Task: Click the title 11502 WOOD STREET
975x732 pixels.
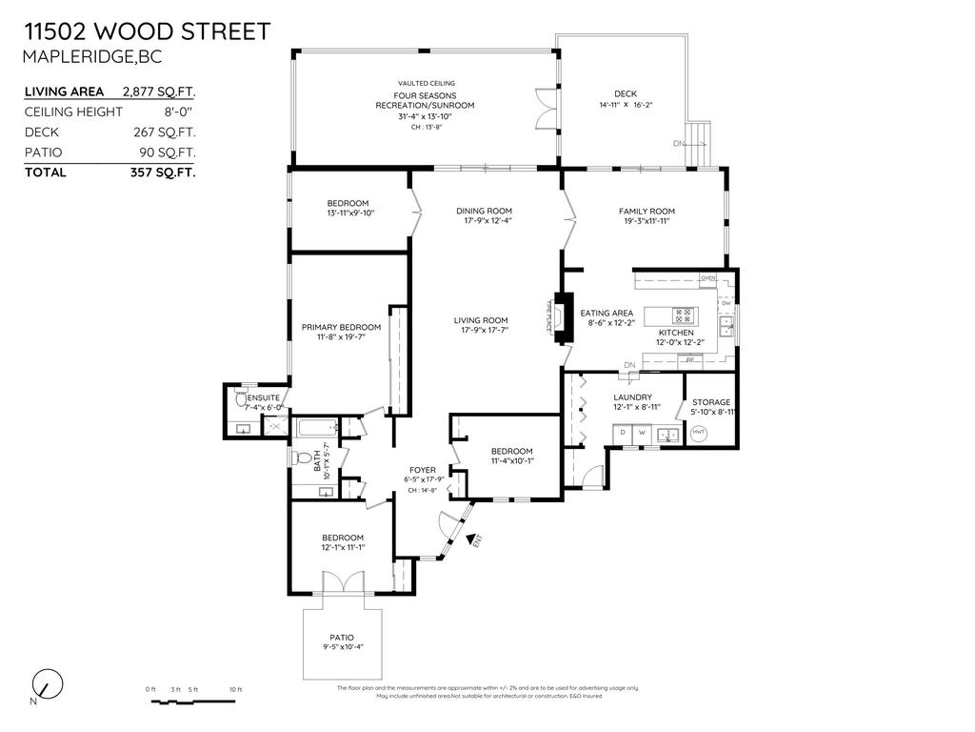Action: click(146, 30)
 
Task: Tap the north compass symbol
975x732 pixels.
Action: click(46, 684)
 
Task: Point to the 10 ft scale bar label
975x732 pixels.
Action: click(235, 689)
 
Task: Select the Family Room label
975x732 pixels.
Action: click(647, 211)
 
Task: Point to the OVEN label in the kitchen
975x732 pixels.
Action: click(707, 278)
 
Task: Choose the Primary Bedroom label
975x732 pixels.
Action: click(341, 327)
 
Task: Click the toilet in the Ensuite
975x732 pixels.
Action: click(240, 403)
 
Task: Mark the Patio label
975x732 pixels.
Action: click(342, 637)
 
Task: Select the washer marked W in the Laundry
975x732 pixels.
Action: click(642, 434)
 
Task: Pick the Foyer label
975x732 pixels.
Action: click(422, 470)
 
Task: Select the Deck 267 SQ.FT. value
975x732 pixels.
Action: click(165, 132)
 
